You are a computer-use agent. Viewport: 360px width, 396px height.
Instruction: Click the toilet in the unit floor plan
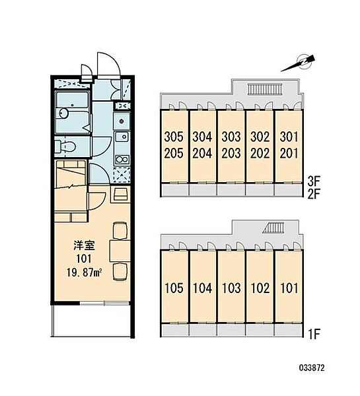tap(66, 147)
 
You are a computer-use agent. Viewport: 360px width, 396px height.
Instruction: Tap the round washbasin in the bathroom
tap(63, 113)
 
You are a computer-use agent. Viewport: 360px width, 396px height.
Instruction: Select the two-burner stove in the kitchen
tap(122, 159)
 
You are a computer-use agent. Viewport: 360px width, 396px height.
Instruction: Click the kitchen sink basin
tap(122, 137)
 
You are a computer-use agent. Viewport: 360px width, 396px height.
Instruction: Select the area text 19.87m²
tap(85, 273)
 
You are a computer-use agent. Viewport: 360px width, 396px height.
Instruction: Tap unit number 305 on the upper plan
tap(174, 137)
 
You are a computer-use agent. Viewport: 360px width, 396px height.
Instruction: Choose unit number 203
tap(231, 153)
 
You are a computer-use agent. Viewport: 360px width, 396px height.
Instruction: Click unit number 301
tap(289, 137)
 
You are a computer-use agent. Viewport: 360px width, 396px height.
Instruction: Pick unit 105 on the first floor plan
tap(174, 288)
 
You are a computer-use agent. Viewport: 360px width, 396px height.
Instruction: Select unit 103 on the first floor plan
tap(231, 288)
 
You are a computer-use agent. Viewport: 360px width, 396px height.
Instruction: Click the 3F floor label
tap(314, 181)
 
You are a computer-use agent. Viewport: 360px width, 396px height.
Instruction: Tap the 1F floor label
tap(314, 335)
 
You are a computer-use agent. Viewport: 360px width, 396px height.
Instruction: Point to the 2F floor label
tap(314, 194)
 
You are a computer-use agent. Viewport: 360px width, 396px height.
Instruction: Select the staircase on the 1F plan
tap(273, 228)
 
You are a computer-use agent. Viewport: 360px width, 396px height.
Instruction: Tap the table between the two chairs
tap(120, 251)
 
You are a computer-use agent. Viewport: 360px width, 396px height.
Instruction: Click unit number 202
tap(260, 153)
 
